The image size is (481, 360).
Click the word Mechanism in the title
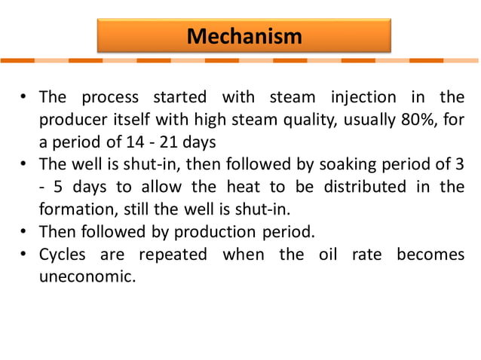pos(244,35)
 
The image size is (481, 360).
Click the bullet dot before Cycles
pos(25,254)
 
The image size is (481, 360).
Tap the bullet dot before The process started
pos(25,97)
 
